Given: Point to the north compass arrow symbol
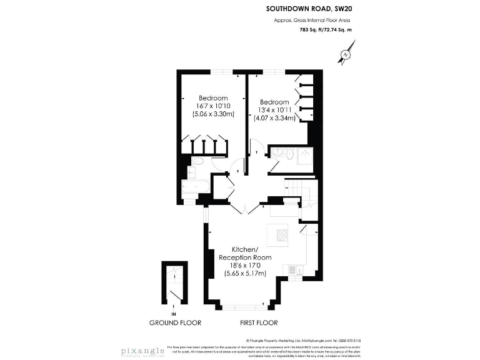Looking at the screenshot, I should pyautogui.click(x=345, y=54).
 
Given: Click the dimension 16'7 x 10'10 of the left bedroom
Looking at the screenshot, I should pyautogui.click(x=213, y=106).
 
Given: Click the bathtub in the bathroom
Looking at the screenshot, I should pyautogui.click(x=196, y=188).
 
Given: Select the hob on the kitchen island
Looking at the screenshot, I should pyautogui.click(x=279, y=236).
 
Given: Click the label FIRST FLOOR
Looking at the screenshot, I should pyautogui.click(x=259, y=323).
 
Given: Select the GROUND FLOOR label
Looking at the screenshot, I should pyautogui.click(x=175, y=323).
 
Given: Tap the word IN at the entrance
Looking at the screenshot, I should pyautogui.click(x=174, y=314).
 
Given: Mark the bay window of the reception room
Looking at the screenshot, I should pyautogui.click(x=245, y=306).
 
